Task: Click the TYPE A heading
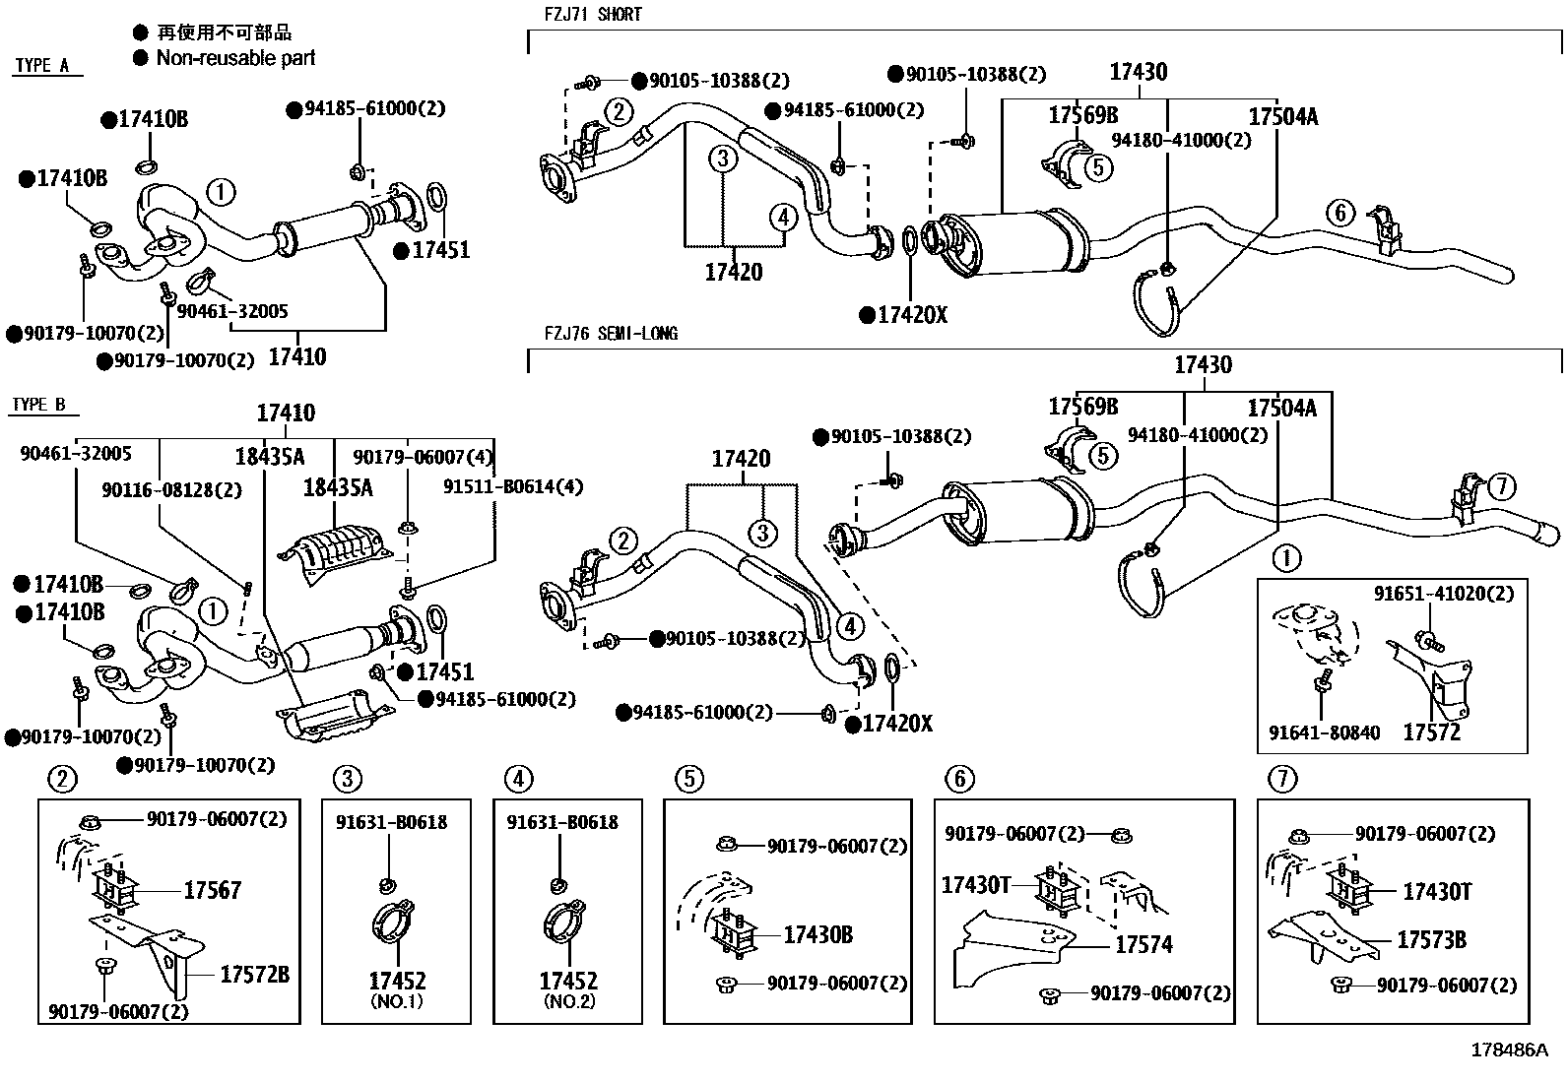tap(42, 66)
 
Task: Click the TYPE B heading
tap(39, 405)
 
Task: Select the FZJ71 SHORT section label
tap(593, 14)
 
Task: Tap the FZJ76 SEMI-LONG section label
tap(611, 334)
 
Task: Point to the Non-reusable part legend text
tap(235, 58)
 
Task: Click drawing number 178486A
tap(1510, 1050)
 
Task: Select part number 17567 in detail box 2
tap(212, 890)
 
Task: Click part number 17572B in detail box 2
tap(254, 975)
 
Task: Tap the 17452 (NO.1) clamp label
tap(397, 982)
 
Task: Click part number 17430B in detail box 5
tap(817, 934)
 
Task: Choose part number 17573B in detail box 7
tap(1431, 940)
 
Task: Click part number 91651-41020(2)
tap(1444, 594)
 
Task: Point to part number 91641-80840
tap(1324, 732)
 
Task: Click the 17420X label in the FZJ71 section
tap(911, 315)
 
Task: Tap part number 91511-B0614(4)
tap(513, 487)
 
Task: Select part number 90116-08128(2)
tap(171, 489)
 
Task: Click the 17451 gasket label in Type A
tap(439, 250)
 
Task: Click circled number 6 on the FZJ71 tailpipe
tap(1339, 212)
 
